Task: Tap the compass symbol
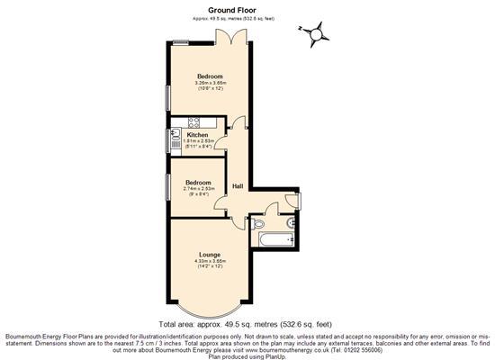coord(315,33)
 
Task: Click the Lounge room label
coord(210,254)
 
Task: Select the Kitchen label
coord(197,135)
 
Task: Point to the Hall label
coord(238,186)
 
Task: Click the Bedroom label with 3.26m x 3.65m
coord(210,76)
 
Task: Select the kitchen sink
coord(173,139)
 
